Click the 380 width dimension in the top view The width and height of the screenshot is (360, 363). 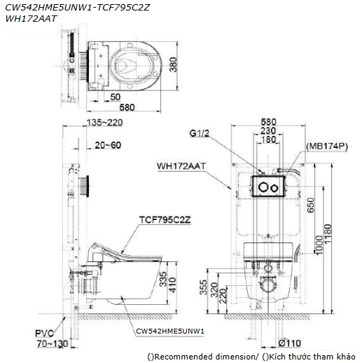pos(174,64)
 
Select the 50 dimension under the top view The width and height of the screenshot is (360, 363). pos(115,97)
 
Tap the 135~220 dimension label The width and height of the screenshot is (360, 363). pos(104,123)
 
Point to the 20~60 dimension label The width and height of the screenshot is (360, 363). pos(108,145)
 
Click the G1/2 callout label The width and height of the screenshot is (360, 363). pos(200,133)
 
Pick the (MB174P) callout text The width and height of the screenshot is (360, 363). pos(327,146)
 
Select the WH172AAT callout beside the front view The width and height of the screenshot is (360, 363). pos(181,166)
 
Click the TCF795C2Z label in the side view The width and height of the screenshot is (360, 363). pos(165,220)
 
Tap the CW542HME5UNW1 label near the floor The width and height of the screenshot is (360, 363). pos(170,331)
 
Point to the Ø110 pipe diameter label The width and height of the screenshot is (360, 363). pos(289,343)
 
